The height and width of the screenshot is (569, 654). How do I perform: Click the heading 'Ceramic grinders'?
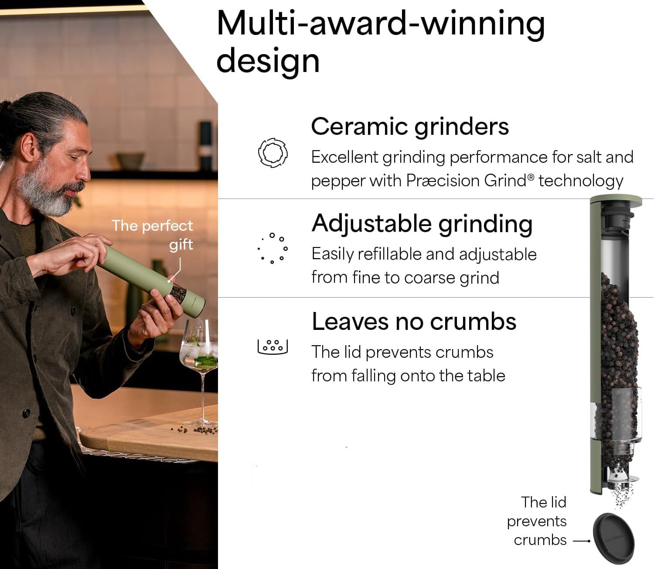coord(410,127)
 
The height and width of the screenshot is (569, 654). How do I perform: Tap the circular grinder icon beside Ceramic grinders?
coord(272,153)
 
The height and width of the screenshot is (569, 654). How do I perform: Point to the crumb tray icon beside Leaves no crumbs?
coord(273,346)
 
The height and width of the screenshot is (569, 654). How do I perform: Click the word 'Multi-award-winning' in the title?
coord(380,24)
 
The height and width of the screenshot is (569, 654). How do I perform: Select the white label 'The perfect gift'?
coord(153,235)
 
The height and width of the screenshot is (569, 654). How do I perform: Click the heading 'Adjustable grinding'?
coord(422,224)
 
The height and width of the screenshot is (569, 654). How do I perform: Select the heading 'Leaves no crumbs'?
coord(414,322)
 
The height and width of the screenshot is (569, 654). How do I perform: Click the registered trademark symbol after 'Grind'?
coord(531,177)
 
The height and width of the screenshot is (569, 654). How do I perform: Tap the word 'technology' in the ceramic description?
coord(581,180)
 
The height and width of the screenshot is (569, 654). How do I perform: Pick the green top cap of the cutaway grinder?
coord(616,201)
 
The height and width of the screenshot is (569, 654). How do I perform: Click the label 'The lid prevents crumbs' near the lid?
coord(538,521)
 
